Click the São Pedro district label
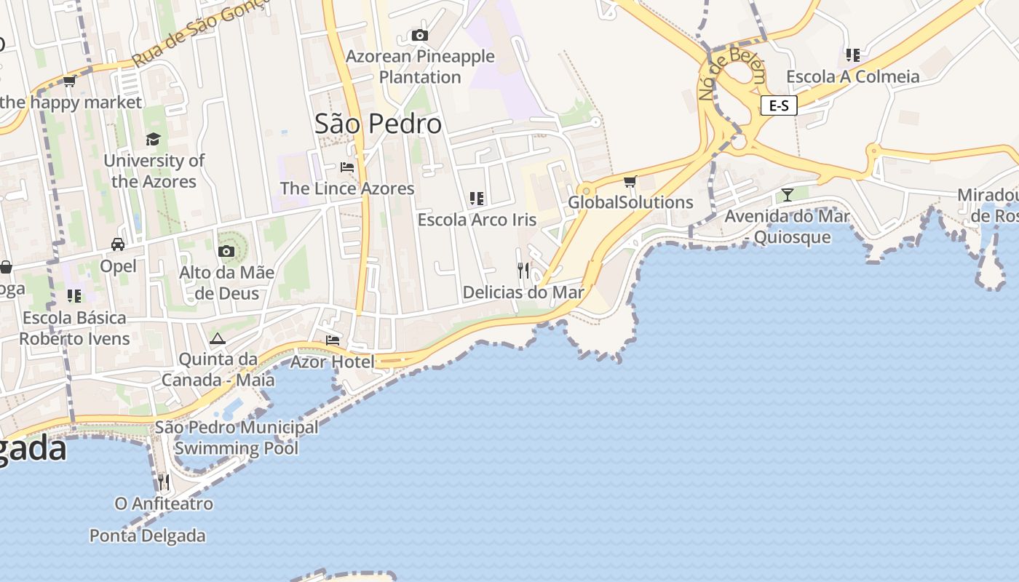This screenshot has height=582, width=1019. point(378,124)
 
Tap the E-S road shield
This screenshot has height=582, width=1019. point(779,105)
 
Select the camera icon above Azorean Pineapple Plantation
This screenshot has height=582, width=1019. point(419,35)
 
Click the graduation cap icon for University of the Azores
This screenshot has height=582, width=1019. point(153,139)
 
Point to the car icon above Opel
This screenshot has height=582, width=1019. point(118,244)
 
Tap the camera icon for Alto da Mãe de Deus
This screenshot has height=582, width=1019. point(226,252)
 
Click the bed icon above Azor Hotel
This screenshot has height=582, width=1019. point(333,340)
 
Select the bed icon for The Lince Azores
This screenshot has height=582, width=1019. point(347,167)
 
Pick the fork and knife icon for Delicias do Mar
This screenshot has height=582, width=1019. point(523,271)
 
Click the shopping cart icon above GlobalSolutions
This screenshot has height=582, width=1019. point(630,181)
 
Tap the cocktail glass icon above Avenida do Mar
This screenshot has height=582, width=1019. point(787,194)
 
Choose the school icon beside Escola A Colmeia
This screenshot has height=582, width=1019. point(853,55)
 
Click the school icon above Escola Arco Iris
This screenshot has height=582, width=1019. point(477,198)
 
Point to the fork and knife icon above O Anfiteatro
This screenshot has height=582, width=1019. point(164,482)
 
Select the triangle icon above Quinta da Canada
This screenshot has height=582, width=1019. point(218,338)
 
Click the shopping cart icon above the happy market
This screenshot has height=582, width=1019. point(70,81)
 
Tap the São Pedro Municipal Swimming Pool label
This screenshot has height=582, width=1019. point(237,437)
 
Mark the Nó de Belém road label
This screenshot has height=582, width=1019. point(731,73)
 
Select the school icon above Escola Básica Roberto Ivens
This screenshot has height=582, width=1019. point(74,296)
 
